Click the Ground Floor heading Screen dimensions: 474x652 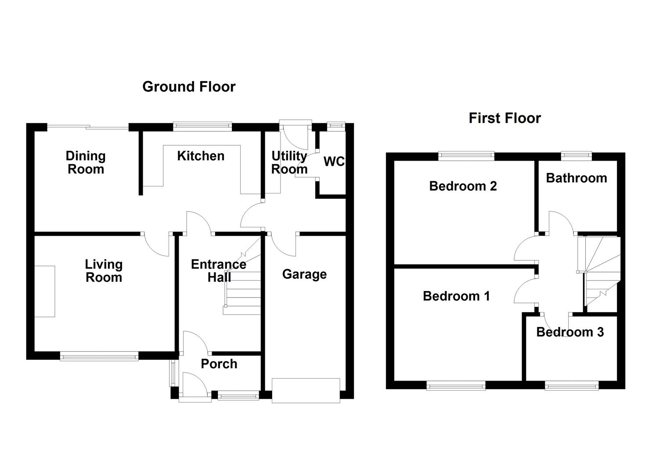click(x=189, y=87)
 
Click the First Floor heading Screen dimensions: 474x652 click(x=504, y=118)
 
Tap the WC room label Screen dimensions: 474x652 click(x=334, y=162)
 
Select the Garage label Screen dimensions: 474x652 click(x=304, y=274)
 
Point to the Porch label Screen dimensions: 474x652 click(x=219, y=364)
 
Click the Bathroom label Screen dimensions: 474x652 click(x=576, y=178)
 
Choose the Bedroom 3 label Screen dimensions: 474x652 click(x=570, y=332)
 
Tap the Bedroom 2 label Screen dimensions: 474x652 click(x=463, y=186)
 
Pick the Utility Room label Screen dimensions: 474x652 click(x=289, y=162)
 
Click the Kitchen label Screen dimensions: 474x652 click(x=201, y=156)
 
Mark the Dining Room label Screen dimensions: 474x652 click(x=86, y=162)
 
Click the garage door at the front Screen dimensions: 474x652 click(x=306, y=390)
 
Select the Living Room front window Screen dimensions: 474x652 click(x=99, y=356)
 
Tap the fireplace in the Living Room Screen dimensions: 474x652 click(x=45, y=291)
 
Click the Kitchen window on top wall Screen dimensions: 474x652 click(x=202, y=126)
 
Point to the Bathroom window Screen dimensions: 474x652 click(x=576, y=155)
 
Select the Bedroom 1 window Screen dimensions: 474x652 click(x=456, y=386)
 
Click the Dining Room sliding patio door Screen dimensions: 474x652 click(x=88, y=127)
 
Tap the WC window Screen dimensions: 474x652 click(x=336, y=126)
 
